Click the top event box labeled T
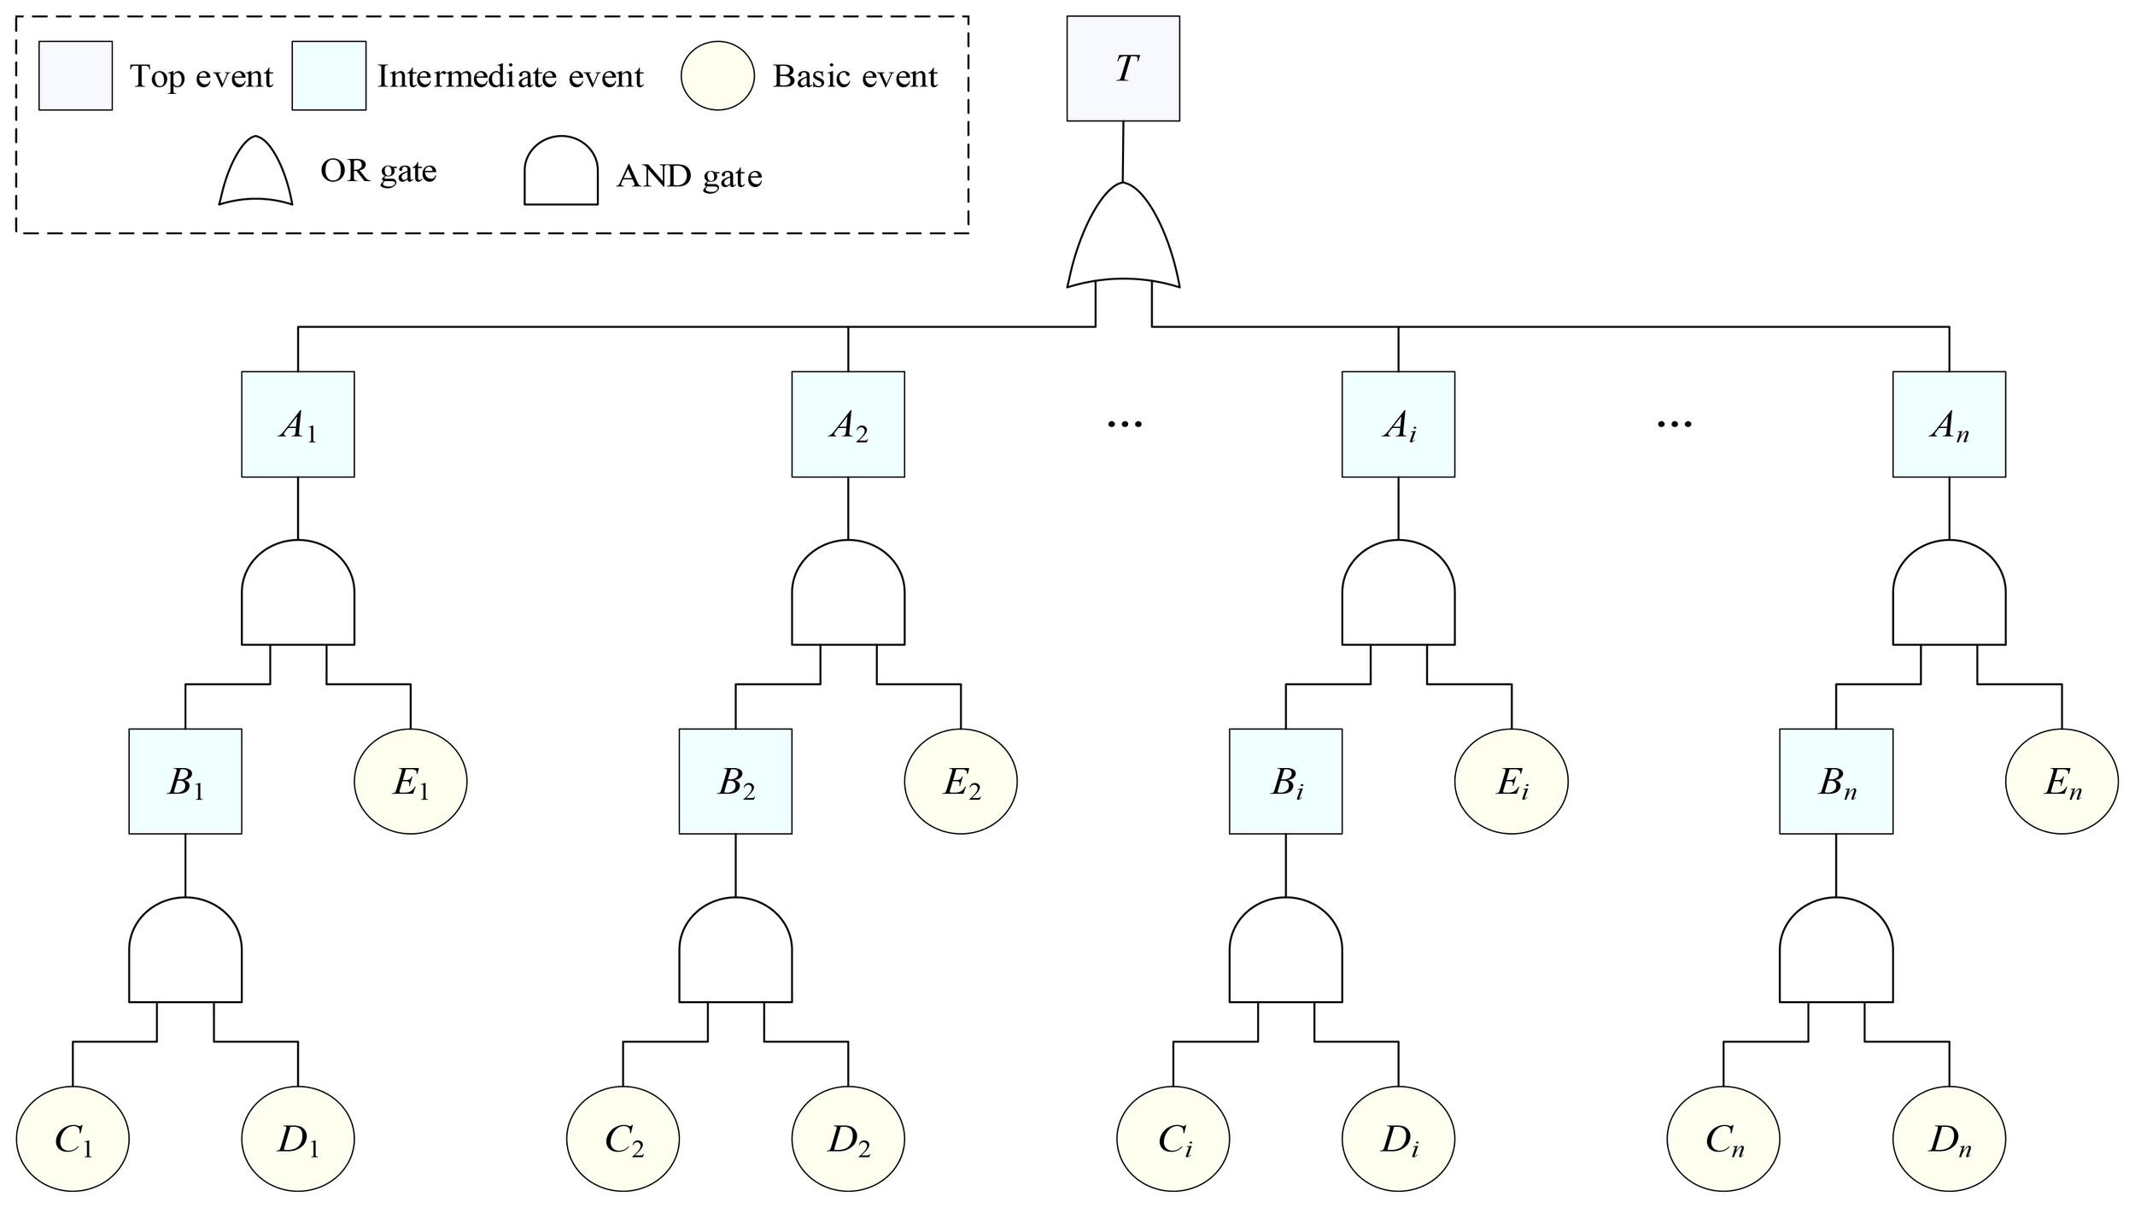point(1123,68)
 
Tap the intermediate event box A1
point(297,424)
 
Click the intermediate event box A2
point(847,424)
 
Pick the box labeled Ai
point(1398,424)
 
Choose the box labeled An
point(1949,424)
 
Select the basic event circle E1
point(410,781)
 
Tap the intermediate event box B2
point(735,781)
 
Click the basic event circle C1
point(73,1139)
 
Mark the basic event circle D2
point(847,1139)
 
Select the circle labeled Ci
point(1173,1139)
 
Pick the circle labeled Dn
point(1949,1139)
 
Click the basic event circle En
point(2062,781)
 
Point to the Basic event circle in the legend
point(717,76)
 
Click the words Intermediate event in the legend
point(510,77)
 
